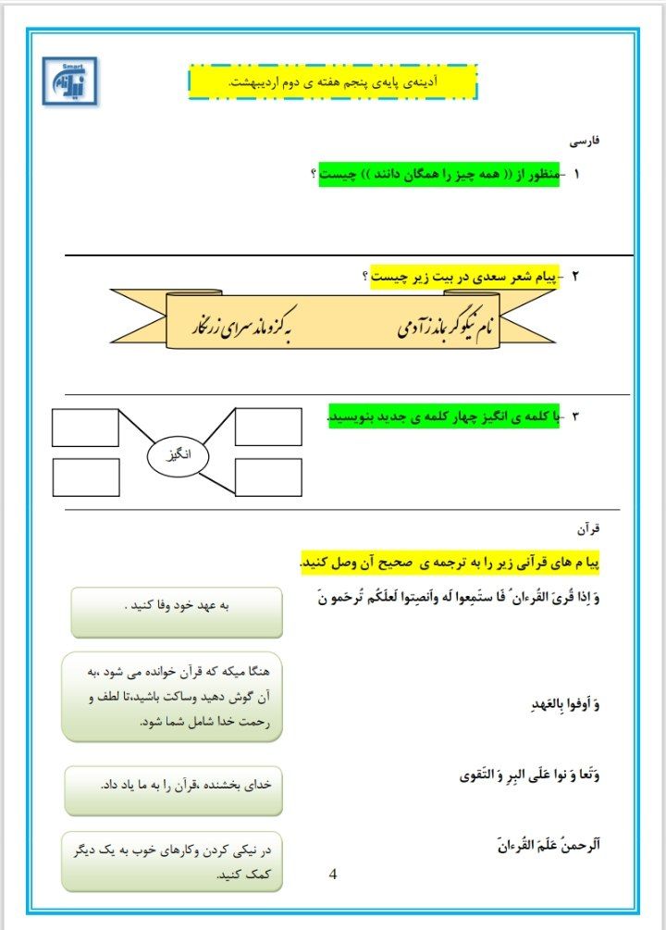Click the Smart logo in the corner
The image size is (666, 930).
[x=69, y=82]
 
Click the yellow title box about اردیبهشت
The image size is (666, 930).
[x=333, y=82]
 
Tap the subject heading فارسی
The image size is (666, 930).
[x=587, y=142]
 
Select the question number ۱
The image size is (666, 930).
[x=577, y=174]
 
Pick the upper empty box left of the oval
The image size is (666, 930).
[x=85, y=427]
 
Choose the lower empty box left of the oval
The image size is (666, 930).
[x=85, y=477]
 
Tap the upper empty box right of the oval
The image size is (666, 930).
[x=268, y=427]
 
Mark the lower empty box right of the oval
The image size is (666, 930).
[x=268, y=477]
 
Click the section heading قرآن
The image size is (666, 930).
[x=588, y=529]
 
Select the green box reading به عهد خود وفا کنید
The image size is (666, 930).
[x=177, y=612]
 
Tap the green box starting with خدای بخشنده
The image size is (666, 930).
[x=173, y=789]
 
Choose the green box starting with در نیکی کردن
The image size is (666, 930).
[x=172, y=861]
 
